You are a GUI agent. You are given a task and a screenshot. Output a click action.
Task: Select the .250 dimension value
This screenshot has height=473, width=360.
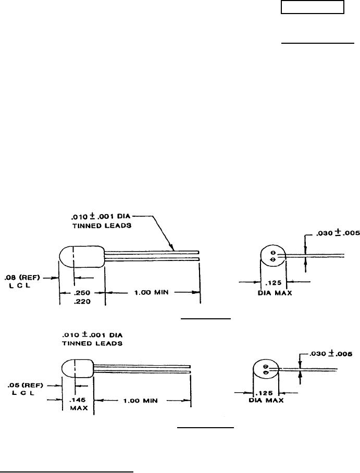pyautogui.click(x=82, y=292)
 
